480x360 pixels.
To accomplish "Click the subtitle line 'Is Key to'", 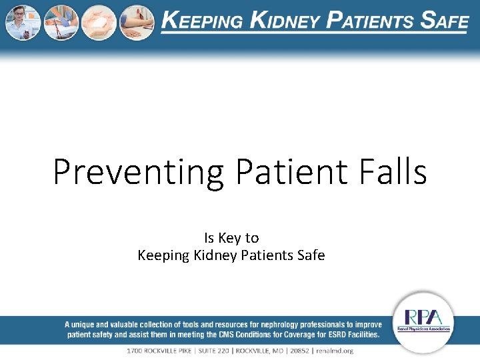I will click(x=231, y=238).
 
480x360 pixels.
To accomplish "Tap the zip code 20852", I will click(x=295, y=351).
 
